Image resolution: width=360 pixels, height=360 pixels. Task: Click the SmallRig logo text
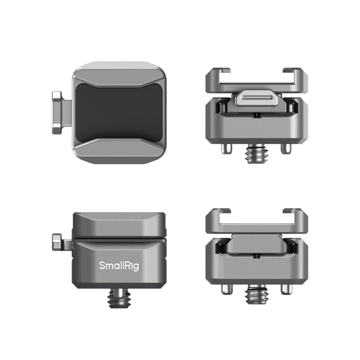point(119,266)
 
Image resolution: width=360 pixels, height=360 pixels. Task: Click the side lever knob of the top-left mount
point(57,113)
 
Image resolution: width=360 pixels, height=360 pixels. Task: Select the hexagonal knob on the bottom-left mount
point(57,242)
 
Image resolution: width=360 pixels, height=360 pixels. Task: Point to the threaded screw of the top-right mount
point(257,153)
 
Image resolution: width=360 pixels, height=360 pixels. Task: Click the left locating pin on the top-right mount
point(225,149)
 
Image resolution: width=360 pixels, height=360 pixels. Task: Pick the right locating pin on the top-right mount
point(285,149)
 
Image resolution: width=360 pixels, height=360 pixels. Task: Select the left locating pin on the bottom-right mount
point(226,289)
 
